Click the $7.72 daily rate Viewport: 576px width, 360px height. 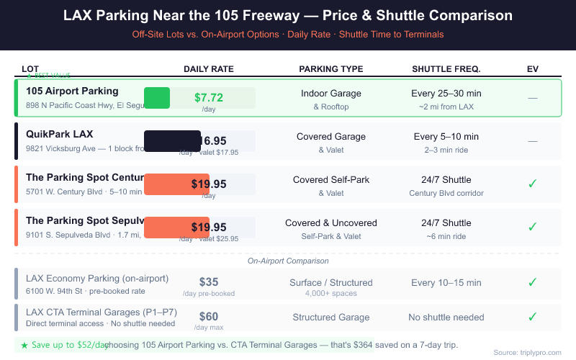point(209,97)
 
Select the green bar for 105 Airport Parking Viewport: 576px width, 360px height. point(157,97)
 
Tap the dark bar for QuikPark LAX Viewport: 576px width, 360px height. point(172,141)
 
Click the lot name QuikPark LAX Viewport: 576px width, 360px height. point(59,134)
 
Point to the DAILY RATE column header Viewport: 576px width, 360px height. point(209,69)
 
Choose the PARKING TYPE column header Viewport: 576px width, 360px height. point(331,69)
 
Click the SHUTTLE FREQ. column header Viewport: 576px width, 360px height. point(446,69)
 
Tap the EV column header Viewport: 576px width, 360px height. point(533,69)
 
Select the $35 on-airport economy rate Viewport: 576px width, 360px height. point(209,282)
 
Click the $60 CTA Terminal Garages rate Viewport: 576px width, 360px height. point(209,316)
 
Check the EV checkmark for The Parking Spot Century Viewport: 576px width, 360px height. point(533,184)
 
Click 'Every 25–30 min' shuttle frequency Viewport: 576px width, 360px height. point(446,94)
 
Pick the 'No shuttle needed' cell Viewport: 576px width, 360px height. point(446,317)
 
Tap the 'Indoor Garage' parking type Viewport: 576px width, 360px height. point(331,94)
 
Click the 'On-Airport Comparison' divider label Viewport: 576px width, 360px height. point(288,261)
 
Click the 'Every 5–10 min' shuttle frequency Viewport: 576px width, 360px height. point(446,137)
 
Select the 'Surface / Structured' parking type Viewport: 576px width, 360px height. point(331,282)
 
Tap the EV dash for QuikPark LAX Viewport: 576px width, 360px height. point(533,141)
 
